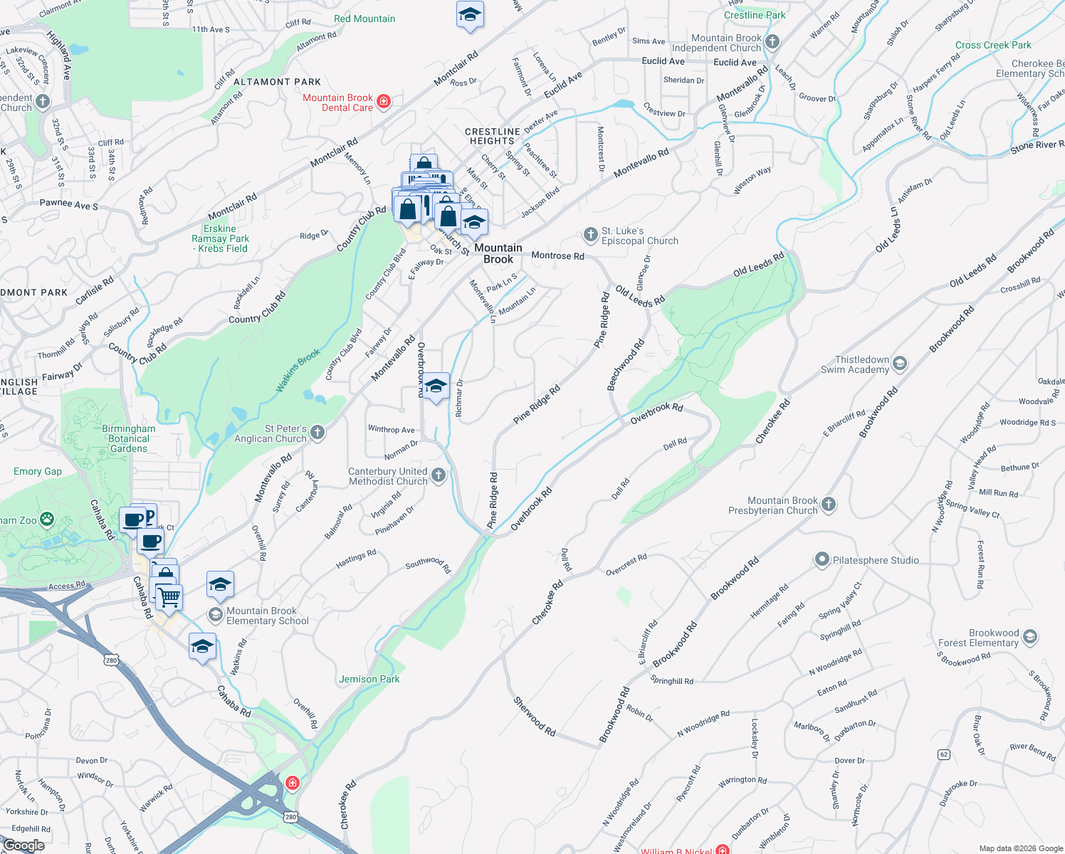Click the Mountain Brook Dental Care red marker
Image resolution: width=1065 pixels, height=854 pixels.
click(384, 102)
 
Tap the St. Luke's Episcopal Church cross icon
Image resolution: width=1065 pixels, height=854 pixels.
click(590, 235)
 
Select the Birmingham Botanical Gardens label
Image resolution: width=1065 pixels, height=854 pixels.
click(128, 438)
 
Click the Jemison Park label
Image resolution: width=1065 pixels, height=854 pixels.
click(369, 679)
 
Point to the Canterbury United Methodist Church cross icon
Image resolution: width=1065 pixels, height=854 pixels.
click(439, 475)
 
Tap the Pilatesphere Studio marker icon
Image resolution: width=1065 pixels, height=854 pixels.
click(822, 560)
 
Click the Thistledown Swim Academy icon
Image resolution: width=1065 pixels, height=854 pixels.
click(900, 364)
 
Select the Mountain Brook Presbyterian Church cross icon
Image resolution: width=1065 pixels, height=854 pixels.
click(829, 505)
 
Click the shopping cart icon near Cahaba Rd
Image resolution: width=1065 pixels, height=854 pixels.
click(169, 597)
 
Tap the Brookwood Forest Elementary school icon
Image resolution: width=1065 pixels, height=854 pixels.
click(1029, 638)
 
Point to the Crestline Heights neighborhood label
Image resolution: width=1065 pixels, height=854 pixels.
click(492, 136)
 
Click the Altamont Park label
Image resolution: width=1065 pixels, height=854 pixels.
click(277, 82)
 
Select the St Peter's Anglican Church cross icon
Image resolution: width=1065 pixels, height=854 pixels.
click(318, 433)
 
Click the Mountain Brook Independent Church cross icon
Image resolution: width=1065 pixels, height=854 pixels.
click(772, 42)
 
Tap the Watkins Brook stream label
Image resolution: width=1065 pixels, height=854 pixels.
click(298, 370)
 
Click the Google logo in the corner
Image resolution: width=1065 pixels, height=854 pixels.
click(24, 845)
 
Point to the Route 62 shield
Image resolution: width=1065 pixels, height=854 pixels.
click(944, 754)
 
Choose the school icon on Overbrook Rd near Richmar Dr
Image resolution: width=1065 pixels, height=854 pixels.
click(435, 386)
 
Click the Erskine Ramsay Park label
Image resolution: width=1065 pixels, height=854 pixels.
click(221, 238)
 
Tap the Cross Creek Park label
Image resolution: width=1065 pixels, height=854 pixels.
click(992, 45)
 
